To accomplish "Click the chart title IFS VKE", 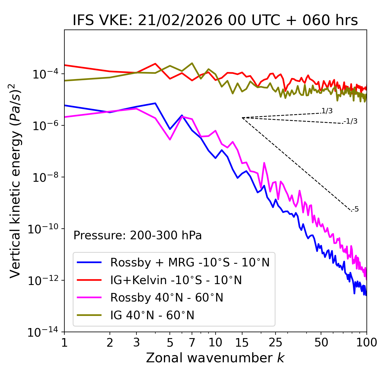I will point(215,20).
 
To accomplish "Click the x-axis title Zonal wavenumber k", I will point(215,358).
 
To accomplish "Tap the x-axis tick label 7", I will point(192,342).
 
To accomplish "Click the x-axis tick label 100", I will point(367,342).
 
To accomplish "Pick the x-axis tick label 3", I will point(136,342).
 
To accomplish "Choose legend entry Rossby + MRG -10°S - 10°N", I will point(190,262).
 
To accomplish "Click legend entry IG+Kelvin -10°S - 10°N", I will point(176,280).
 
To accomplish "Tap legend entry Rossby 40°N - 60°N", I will point(167,298).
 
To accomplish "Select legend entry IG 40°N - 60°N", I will point(152,315).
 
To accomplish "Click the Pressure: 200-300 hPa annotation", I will point(138,235).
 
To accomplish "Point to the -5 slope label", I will point(356,209).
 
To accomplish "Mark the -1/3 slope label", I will point(351,121).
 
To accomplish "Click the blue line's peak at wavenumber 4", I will point(155,103).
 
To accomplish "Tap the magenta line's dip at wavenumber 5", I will point(170,140).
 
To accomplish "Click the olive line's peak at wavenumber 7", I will point(192,63).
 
